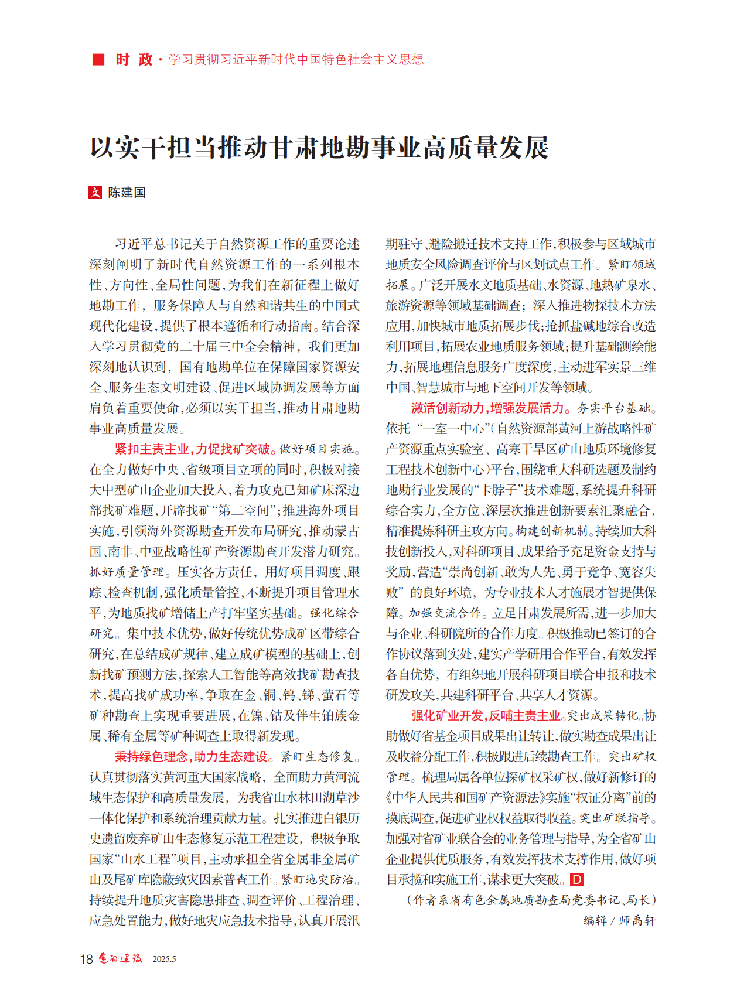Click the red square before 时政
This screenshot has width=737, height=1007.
click(x=98, y=59)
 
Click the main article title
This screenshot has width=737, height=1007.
click(x=319, y=147)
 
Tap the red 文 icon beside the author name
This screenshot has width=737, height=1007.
click(x=95, y=193)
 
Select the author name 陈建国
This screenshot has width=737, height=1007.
click(x=127, y=193)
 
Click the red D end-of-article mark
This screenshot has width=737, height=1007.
click(x=576, y=880)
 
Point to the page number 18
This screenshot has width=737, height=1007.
click(x=86, y=959)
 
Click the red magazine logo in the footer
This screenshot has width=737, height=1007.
click(x=120, y=958)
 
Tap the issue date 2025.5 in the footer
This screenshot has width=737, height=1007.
click(x=164, y=960)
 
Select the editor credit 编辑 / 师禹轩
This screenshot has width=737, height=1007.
click(x=619, y=921)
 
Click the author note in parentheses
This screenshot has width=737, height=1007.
click(x=531, y=900)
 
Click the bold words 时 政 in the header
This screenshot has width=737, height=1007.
click(x=134, y=59)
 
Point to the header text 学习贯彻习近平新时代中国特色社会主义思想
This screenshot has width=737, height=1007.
click(x=296, y=59)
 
